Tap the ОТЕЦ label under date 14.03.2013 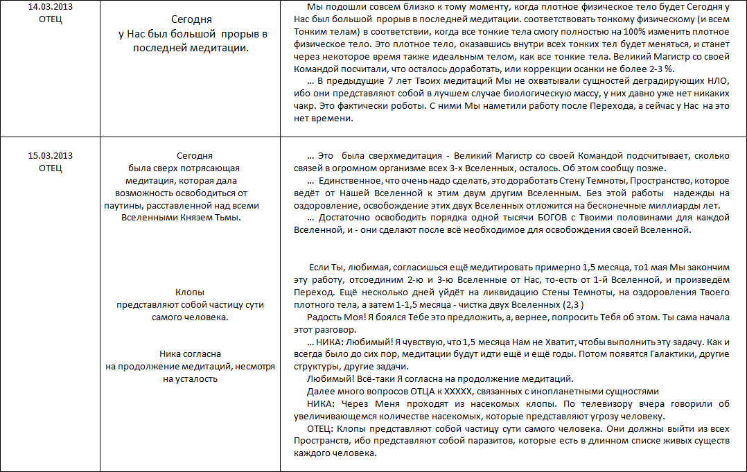(x=51, y=18)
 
